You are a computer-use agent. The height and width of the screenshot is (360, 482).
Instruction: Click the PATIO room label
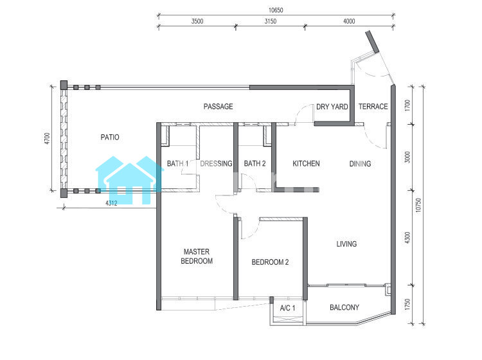110,137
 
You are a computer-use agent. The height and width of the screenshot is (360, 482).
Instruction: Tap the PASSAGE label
219,106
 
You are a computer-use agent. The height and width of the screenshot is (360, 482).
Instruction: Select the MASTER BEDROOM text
197,256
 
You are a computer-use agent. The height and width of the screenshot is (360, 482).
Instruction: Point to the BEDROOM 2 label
270,262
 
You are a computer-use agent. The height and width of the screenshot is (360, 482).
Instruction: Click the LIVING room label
346,244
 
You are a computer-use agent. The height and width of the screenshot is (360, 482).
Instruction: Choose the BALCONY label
344,307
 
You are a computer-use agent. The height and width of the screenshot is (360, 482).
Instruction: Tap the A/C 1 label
287,308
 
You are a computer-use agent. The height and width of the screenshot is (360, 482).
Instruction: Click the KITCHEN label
306,163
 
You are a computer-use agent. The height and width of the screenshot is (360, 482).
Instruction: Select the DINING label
360,163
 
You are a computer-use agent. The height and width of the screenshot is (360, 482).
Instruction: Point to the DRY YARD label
332,107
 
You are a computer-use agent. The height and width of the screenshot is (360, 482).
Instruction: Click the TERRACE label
373,106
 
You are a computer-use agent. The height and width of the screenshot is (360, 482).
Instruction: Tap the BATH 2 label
255,163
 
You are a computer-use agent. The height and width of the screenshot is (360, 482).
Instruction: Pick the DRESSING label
216,163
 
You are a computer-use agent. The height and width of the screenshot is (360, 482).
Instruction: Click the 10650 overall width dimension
276,10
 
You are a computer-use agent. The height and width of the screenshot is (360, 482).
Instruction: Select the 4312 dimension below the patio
111,203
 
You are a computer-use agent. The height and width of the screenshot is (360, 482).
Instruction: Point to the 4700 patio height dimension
47,138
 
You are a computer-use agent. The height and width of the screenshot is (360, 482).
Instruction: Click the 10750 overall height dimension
418,205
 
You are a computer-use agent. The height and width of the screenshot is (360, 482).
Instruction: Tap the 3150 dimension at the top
271,21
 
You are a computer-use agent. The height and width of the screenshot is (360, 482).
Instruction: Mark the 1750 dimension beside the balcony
407,304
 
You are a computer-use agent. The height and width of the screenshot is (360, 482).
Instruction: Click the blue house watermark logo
130,181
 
